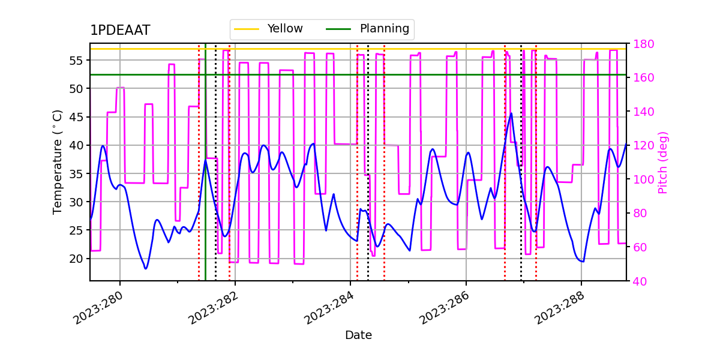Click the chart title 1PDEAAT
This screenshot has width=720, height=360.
(120, 31)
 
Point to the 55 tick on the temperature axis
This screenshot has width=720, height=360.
(77, 60)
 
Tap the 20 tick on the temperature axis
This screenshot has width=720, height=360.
(77, 259)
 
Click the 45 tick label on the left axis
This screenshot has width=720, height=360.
(77, 117)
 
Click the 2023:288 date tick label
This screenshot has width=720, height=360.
(560, 307)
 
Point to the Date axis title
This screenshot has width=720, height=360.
(358, 335)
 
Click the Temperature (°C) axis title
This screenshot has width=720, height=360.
(58, 161)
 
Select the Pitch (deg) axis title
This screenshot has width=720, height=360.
(663, 162)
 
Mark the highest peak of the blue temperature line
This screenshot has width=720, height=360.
(511, 113)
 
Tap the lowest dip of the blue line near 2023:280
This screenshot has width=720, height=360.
(145, 268)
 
